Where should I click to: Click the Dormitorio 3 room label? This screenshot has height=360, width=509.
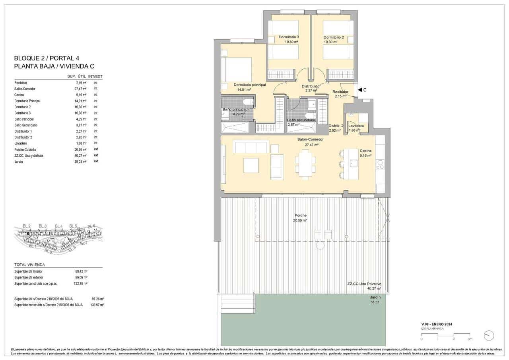click(289, 37)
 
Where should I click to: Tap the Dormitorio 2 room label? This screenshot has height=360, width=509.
click(333, 37)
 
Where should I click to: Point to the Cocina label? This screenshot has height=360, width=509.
click(366, 151)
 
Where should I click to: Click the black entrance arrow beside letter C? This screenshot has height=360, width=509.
click(359, 90)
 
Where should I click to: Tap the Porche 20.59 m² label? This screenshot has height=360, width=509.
click(300, 218)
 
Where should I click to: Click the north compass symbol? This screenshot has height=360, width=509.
click(488, 335)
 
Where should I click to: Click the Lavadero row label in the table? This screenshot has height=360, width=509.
click(21, 143)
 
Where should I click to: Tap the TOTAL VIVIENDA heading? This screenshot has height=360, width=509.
click(30, 265)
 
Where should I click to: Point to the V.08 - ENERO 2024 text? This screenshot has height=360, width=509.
click(437, 324)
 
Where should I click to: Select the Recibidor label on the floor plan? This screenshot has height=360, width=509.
click(340, 91)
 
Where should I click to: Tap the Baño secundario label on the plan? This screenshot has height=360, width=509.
click(301, 120)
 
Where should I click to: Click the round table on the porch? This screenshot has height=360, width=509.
click(321, 246)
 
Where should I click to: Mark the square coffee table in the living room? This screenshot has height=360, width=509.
click(251, 165)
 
